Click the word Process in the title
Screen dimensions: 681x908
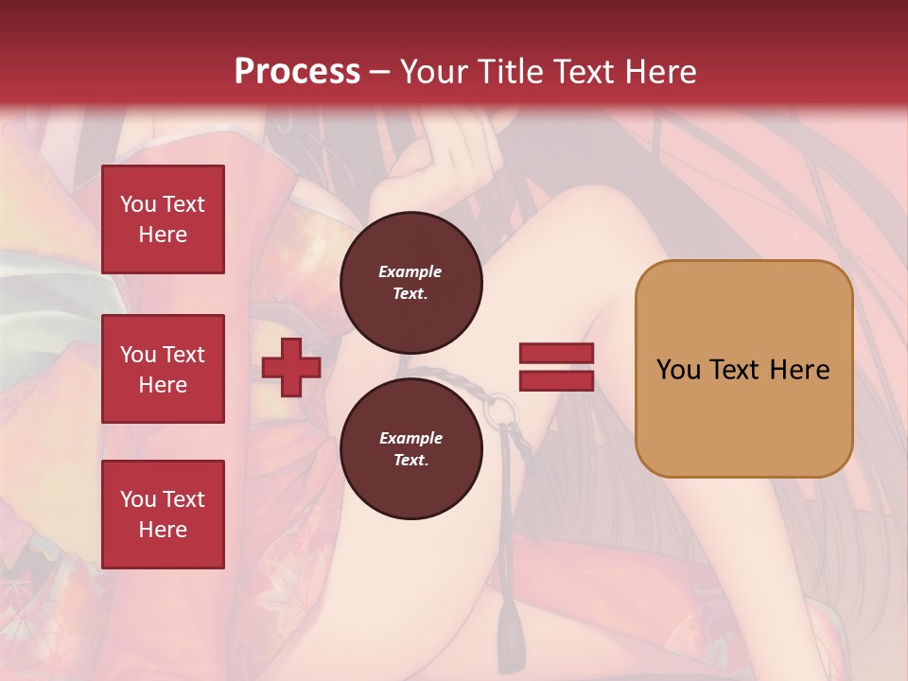(297, 71)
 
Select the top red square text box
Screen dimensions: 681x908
(163, 219)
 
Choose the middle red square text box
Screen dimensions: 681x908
(163, 369)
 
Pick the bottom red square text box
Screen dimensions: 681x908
(163, 514)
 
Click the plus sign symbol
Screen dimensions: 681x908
(291, 368)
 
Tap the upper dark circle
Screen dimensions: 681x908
(411, 283)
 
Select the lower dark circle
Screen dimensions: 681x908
(411, 449)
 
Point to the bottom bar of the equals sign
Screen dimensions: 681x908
(556, 380)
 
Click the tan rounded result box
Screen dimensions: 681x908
(743, 369)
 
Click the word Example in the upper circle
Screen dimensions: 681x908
(410, 271)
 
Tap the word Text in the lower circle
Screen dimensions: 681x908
(410, 461)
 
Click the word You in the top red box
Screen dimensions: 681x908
(138, 204)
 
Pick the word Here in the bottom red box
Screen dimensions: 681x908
(163, 530)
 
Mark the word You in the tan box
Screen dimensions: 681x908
(679, 370)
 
